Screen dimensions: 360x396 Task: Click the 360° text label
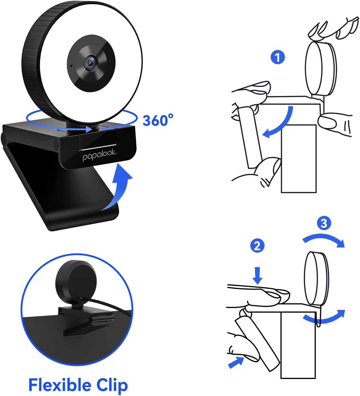click(158, 120)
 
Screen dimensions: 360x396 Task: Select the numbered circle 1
click(277, 57)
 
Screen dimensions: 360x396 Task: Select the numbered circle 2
click(257, 246)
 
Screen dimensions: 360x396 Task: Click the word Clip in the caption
click(112, 385)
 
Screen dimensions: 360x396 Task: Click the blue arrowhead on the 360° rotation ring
click(88, 129)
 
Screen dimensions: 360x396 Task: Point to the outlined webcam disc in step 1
click(321, 68)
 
